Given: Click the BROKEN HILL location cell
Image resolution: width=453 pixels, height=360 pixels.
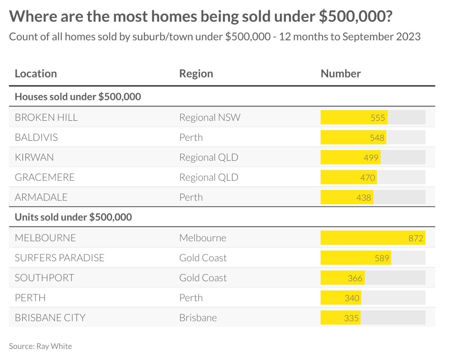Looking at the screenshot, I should tap(46, 118).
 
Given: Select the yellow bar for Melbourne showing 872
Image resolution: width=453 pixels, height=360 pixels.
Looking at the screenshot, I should tap(372, 238).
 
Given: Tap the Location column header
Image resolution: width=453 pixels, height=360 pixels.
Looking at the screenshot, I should tap(36, 74).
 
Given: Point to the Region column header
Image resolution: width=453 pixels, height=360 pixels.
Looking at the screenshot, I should tap(196, 74).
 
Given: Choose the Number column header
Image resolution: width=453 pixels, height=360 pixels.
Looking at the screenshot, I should tap(340, 74).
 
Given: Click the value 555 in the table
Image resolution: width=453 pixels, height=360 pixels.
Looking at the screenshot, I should tap(378, 118).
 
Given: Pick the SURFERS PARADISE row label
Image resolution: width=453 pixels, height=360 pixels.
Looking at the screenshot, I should tap(60, 258).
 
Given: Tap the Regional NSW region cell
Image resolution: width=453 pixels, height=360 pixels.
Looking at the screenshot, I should tap(210, 118).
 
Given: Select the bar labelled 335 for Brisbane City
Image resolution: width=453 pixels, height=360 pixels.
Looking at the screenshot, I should tap(340, 318).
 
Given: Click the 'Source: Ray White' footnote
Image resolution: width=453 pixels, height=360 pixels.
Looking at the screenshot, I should tap(40, 346).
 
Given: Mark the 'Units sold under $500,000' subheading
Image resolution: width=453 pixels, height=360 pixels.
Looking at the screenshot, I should tap(73, 217).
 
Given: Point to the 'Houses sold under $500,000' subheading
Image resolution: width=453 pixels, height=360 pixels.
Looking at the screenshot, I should tap(78, 97).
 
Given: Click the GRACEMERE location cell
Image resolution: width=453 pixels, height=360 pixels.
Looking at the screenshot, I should tap(45, 178).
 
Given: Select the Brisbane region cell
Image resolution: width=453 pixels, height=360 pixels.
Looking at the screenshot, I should tap(198, 318).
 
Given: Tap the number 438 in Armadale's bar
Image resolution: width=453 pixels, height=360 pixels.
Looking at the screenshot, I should tap(364, 198).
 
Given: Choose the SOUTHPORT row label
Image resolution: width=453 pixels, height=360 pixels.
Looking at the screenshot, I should tap(44, 278).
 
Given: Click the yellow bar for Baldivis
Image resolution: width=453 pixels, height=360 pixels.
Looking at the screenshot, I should tap(353, 138).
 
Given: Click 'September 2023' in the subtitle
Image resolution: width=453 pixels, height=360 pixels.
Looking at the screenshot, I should tap(381, 37).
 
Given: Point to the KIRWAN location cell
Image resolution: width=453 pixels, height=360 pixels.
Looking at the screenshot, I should tap(34, 158).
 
